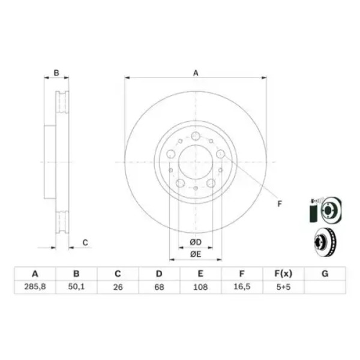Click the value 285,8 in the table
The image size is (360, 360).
[x=35, y=287]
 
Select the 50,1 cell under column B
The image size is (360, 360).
[x=76, y=287]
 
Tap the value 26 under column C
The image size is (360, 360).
[x=118, y=287]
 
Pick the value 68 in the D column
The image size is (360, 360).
[x=159, y=287]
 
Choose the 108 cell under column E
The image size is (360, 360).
[x=200, y=287]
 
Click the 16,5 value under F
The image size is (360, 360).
[x=242, y=287]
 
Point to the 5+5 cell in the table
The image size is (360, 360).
[x=283, y=287]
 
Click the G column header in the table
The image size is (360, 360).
[x=325, y=274]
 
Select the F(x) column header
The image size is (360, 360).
[x=283, y=274]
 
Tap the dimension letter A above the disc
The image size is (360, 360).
[x=196, y=73]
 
